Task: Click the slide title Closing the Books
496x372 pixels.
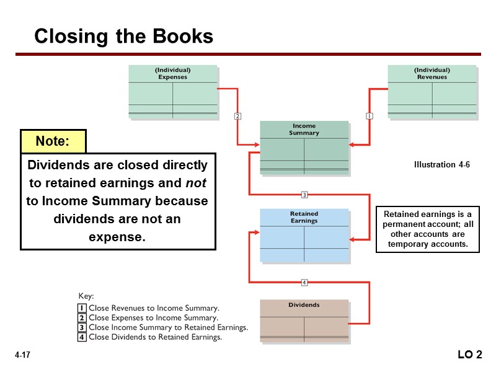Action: (x=123, y=37)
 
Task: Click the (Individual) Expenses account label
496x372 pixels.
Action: (x=173, y=74)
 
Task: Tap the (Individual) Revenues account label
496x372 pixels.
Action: (x=432, y=74)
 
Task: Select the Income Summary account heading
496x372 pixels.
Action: (x=304, y=130)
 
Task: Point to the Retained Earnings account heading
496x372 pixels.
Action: (x=304, y=217)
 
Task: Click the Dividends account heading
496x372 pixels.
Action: (x=304, y=305)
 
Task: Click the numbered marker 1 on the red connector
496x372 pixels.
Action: (x=370, y=115)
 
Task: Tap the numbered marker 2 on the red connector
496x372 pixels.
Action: (x=237, y=115)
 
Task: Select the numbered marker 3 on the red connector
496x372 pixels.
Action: (x=304, y=195)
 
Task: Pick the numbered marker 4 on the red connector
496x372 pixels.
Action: (x=304, y=283)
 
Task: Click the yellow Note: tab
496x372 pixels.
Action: (x=53, y=141)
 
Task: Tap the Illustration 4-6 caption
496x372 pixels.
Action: (x=441, y=165)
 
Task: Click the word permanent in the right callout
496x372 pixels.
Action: (x=404, y=224)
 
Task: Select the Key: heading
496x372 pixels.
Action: (x=86, y=296)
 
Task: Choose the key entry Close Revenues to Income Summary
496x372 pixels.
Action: (x=154, y=308)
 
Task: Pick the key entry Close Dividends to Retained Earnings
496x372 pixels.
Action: (x=155, y=337)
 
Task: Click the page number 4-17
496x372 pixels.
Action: (x=23, y=355)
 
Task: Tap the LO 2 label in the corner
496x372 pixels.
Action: (x=469, y=355)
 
